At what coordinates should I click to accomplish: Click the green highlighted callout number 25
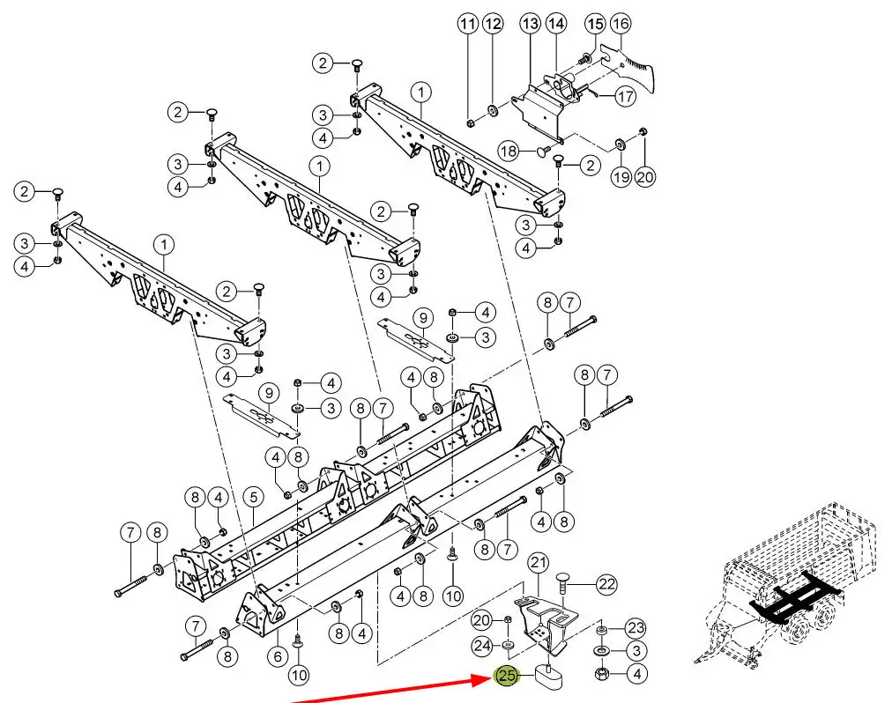506,676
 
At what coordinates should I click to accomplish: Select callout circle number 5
253,497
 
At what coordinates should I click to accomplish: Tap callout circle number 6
278,657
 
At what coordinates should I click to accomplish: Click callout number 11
468,24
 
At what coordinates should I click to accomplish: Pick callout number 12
493,24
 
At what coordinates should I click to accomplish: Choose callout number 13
531,24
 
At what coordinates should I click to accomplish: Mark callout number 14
556,24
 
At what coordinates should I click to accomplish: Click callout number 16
621,24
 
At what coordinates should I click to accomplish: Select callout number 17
626,96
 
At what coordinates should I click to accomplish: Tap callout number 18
509,152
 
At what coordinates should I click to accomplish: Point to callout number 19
621,177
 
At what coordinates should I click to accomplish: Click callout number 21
539,563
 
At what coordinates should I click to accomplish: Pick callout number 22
607,584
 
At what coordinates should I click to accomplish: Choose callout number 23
636,628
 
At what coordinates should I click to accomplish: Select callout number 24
482,646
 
